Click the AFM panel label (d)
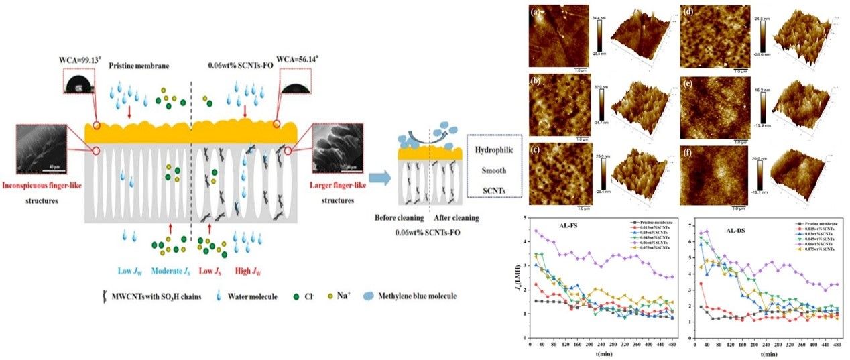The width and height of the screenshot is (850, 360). [x=687, y=11]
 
